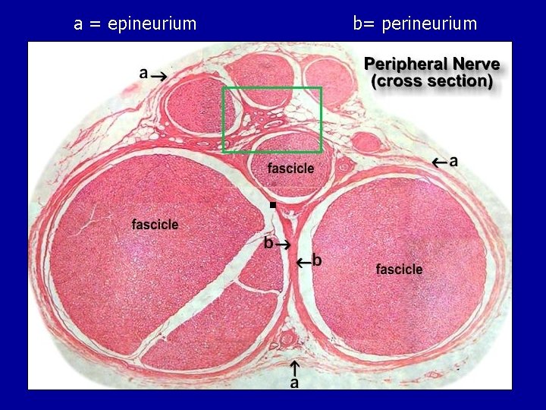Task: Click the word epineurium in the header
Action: pos(152,24)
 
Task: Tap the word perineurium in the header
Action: pos(429,24)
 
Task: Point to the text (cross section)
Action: pos(432,80)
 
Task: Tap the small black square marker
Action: pos(272,206)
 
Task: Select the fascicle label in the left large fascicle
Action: pos(155,224)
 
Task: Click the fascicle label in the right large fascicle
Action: pos(399,269)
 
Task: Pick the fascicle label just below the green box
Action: pos(290,168)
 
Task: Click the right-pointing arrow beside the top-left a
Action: pos(161,75)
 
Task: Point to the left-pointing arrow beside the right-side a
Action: pos(439,161)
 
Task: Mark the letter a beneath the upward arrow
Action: pos(294,383)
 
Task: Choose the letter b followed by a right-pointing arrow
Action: pos(268,244)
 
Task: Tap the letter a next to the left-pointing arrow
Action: pos(453,161)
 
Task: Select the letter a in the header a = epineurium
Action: pos(78,24)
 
